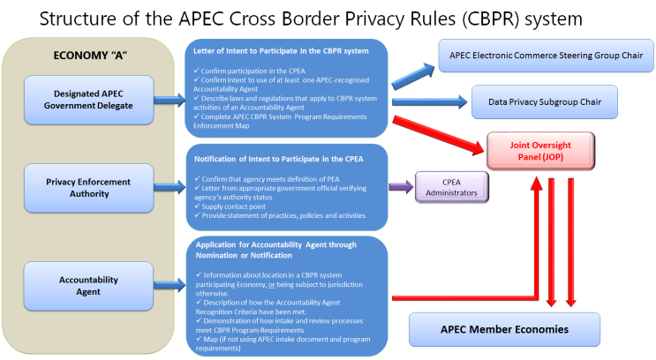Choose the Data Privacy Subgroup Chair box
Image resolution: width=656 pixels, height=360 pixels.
(544, 102)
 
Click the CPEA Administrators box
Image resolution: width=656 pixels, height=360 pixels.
(451, 186)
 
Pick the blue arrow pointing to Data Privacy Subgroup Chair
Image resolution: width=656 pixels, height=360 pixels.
(429, 101)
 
